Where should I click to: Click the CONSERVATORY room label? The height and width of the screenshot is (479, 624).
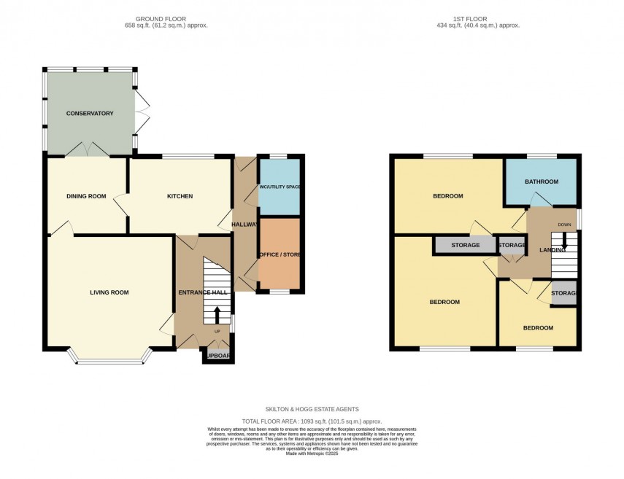(90, 114)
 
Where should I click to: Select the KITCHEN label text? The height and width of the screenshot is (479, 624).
(180, 196)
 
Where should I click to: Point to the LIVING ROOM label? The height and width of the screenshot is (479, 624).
(109, 292)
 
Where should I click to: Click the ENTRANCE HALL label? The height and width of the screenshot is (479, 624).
(203, 292)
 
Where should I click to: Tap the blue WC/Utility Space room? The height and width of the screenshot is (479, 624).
(280, 187)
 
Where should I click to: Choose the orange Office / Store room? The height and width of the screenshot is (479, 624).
(280, 254)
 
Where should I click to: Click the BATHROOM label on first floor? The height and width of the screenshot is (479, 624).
(541, 182)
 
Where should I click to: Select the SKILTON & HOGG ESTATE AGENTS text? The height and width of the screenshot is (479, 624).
(312, 410)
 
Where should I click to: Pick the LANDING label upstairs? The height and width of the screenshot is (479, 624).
(552, 250)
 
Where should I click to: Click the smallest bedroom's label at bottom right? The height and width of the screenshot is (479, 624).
(538, 328)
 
